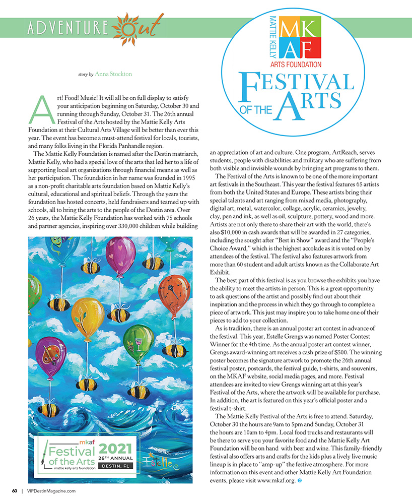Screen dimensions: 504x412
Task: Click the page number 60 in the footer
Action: [x=15, y=490]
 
